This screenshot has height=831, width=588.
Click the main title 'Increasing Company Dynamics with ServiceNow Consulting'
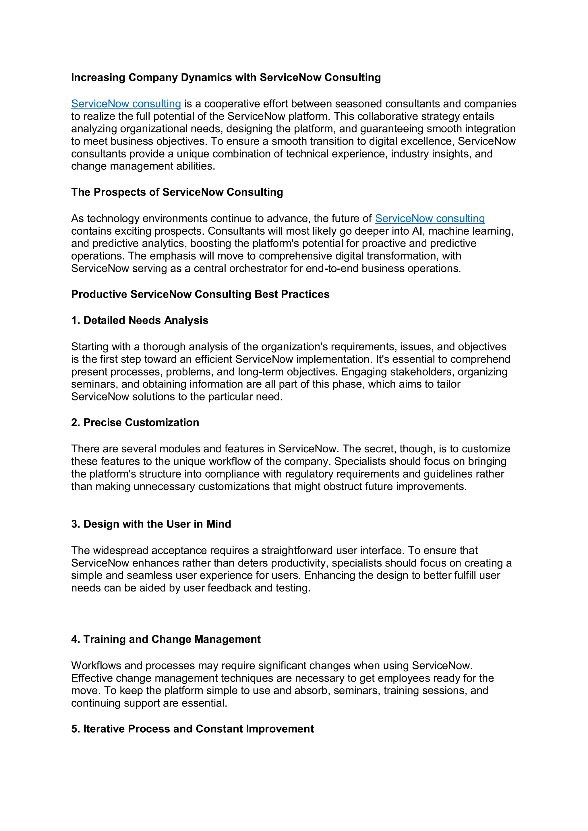226,77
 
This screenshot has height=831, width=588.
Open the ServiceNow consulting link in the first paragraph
126,104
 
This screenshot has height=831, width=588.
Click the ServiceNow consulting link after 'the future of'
430,219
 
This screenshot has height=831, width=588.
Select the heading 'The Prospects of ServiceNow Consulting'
177,192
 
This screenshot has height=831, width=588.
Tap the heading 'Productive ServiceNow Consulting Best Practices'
200,294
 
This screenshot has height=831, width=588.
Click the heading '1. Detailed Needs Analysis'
140,320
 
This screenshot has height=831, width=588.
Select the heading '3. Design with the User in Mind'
151,524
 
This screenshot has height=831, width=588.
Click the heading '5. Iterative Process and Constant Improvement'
192,729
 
